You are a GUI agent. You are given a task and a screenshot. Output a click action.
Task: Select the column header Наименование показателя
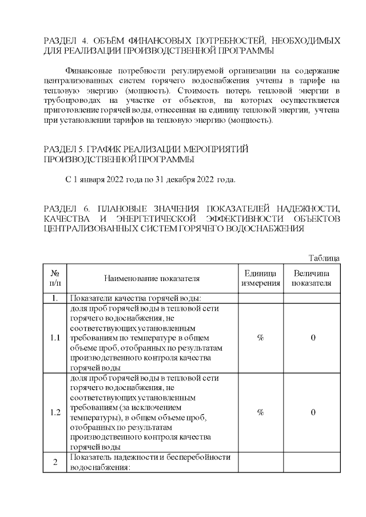tap(152, 278)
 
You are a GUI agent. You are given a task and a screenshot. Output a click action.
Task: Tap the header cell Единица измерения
tap(260, 278)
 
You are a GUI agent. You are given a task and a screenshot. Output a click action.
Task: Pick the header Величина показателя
tap(312, 278)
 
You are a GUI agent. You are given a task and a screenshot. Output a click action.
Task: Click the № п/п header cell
tap(55, 278)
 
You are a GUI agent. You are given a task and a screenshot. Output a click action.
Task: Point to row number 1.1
tap(55, 338)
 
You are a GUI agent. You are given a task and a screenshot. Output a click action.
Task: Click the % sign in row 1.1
tap(260, 338)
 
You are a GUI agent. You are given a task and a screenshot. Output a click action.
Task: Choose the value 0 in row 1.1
tap(313, 338)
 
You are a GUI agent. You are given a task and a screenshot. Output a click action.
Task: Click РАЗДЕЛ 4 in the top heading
tap(63, 41)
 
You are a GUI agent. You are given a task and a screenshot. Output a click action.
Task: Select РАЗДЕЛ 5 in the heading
tap(62, 149)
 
